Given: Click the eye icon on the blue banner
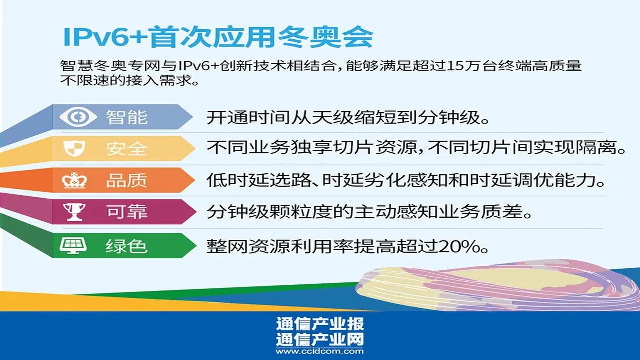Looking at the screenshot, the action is click(x=78, y=117).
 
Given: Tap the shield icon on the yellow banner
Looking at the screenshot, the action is click(x=74, y=148).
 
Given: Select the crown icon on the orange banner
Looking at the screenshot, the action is click(x=74, y=180).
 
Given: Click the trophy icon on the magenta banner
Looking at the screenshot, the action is click(x=74, y=212).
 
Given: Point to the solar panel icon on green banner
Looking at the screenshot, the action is click(x=73, y=245).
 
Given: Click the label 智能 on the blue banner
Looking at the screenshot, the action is click(x=127, y=117).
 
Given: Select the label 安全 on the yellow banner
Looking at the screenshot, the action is click(x=127, y=149).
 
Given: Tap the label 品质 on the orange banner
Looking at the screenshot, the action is click(x=127, y=180).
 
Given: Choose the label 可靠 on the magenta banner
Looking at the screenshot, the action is click(x=127, y=212).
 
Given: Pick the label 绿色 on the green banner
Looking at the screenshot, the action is click(x=127, y=246).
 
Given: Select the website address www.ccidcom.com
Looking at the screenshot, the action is click(x=320, y=351).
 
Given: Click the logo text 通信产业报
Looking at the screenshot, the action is click(x=320, y=324).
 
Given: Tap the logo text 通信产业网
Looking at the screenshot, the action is click(x=320, y=339).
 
